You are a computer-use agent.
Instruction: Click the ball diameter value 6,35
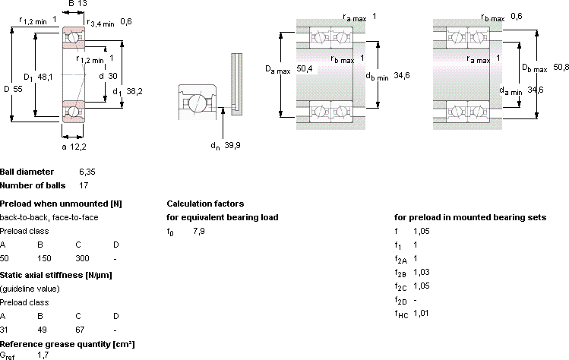point(87,172)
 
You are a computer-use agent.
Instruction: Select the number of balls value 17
point(84,185)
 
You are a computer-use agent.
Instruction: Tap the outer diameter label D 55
point(13,89)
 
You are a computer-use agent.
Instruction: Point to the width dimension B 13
point(77,4)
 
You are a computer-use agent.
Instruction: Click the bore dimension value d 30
point(108,76)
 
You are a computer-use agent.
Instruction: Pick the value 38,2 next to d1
point(134,91)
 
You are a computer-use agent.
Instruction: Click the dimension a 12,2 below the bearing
point(74,147)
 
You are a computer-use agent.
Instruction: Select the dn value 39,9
point(232,145)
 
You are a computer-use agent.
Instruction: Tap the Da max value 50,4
point(305,68)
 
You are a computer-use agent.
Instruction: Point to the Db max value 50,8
point(561,67)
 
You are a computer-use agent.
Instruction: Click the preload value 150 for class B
point(44,258)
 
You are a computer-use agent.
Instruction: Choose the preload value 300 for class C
point(82,258)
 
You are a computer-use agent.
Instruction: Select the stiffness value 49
point(42,330)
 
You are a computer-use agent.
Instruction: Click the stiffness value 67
point(80,330)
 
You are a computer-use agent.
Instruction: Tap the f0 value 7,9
point(199,231)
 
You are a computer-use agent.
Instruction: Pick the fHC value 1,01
point(421,313)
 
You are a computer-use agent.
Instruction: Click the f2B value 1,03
point(422,272)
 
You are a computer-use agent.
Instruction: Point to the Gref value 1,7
point(43,355)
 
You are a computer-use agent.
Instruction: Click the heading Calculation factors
point(205,204)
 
